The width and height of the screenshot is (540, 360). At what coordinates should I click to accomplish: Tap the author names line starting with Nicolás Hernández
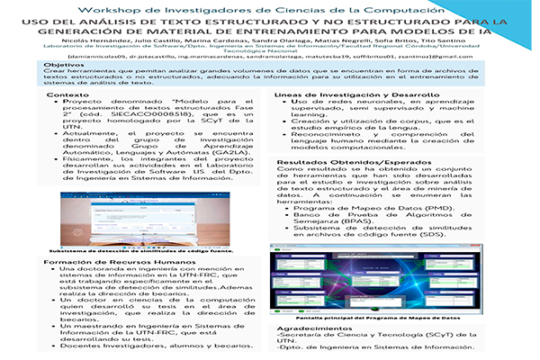270,40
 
